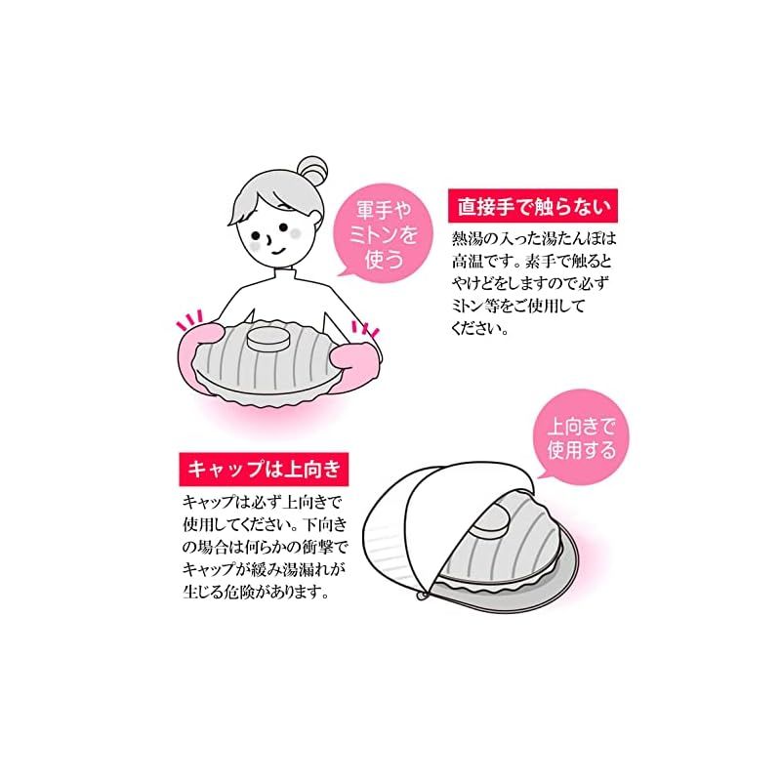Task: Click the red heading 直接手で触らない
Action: (x=532, y=206)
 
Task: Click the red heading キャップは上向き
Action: (x=264, y=470)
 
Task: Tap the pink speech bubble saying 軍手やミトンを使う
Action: (x=383, y=234)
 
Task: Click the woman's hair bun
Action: (x=311, y=171)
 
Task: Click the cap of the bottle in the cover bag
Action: (x=491, y=520)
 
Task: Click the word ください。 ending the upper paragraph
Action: (x=480, y=328)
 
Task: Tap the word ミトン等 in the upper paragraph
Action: (x=475, y=306)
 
